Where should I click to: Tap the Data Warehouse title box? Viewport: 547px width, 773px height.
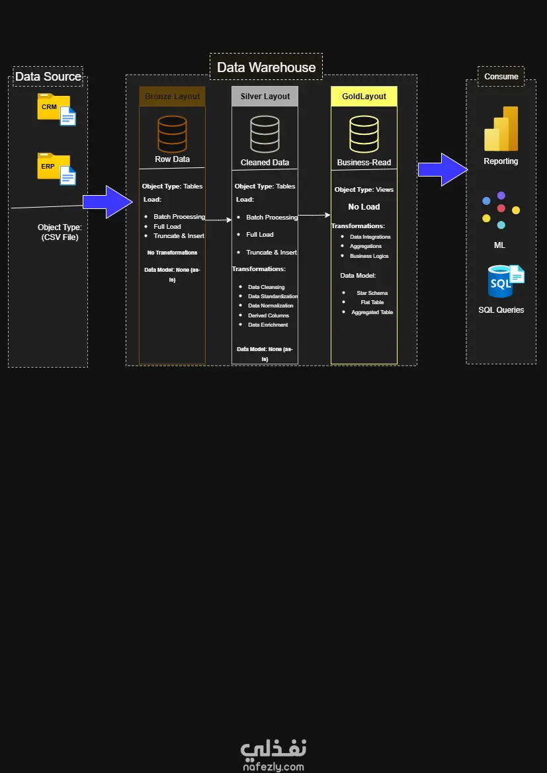267,67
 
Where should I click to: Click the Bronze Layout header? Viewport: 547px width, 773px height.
172,97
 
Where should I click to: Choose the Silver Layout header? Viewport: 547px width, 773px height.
265,97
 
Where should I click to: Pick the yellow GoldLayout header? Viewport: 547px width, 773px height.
364,97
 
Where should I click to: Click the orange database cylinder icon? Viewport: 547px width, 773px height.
172,134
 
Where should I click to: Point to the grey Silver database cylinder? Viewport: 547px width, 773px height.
265,134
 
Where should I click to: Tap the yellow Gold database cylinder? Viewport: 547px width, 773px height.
364,134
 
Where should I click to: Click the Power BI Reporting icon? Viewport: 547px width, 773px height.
501,129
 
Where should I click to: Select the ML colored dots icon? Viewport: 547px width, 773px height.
501,210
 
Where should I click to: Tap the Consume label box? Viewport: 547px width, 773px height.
501,77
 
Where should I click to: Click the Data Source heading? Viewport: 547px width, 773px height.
48,77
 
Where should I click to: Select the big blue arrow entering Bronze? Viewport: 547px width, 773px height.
108,202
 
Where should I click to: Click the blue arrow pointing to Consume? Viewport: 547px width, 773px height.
442,170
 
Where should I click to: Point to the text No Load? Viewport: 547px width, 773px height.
364,207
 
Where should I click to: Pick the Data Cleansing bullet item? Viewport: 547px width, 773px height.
266,287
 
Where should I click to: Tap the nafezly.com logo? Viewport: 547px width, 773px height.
273,754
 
